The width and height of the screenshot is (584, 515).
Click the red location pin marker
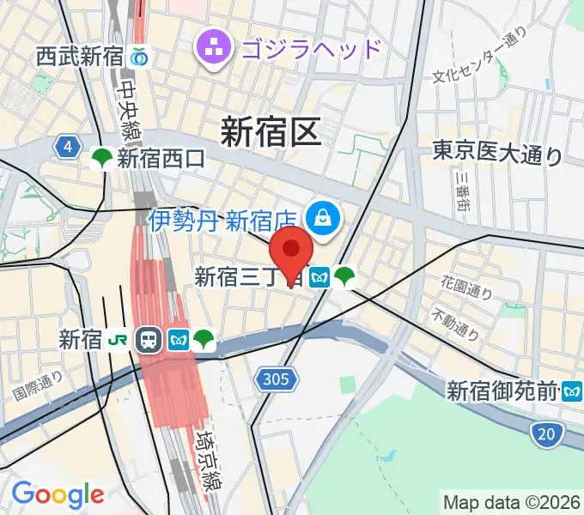click(291, 252)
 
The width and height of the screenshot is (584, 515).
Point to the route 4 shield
click(66, 147)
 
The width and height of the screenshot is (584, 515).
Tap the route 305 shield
click(277, 379)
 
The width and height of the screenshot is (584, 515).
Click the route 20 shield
click(545, 435)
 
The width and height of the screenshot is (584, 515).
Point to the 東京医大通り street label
click(498, 154)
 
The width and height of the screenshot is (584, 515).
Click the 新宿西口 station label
click(161, 158)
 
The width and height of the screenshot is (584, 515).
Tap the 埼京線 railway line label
click(206, 460)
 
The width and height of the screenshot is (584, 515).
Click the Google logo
click(58, 494)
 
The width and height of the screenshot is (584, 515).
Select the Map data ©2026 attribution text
click(511, 501)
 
